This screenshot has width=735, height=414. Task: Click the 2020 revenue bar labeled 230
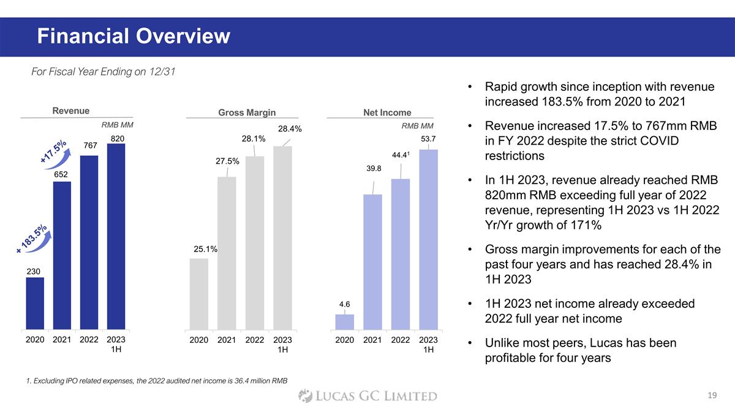tap(35, 303)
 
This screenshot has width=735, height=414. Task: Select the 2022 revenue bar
tap(89, 242)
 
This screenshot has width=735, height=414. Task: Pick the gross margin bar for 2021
tap(227, 253)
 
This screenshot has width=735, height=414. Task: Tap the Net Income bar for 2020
tap(345, 321)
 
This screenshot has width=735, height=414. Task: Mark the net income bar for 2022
tap(401, 253)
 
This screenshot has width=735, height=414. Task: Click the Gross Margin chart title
tap(247, 113)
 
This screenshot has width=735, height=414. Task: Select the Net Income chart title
tap(387, 113)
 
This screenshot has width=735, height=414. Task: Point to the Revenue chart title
tap(71, 111)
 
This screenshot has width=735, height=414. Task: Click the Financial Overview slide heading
tap(134, 37)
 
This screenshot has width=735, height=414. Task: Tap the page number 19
tap(711, 396)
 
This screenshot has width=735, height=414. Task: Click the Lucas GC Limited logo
tap(367, 396)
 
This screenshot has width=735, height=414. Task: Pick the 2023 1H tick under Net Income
tap(428, 344)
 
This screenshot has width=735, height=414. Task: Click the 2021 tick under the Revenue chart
tap(62, 339)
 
